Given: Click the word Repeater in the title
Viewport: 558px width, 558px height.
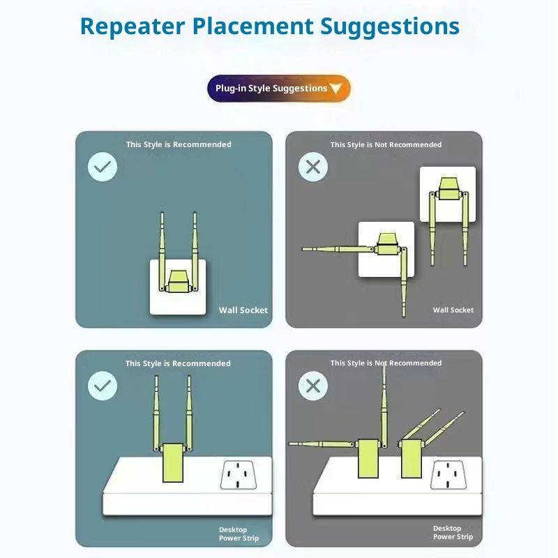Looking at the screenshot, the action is [133, 27].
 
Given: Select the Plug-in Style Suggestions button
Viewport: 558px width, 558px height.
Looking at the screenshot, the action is [278, 89].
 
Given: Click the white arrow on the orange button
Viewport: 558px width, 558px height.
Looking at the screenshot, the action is [335, 88].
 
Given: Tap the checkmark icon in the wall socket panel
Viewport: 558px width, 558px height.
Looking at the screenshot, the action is [103, 167].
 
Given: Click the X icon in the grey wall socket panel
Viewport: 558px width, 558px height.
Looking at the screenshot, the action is [313, 167].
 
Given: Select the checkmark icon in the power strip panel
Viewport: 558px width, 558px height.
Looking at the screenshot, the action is [103, 386].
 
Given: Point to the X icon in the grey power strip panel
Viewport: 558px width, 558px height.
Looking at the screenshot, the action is [313, 386].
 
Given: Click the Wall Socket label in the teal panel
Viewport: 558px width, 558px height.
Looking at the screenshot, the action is [243, 310].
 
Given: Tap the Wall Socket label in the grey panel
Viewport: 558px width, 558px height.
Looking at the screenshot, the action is [453, 310].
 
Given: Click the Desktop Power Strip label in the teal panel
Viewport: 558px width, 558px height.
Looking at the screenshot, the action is [239, 534].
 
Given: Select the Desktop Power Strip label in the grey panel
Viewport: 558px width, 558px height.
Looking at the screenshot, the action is [453, 532].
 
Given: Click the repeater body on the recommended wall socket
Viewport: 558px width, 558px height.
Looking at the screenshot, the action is [178, 282].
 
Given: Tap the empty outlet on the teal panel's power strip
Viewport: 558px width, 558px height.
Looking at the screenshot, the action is [238, 475].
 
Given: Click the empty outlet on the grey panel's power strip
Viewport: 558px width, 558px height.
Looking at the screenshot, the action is [448, 475].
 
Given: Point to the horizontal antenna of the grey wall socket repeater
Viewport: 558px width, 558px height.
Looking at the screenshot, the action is [338, 249].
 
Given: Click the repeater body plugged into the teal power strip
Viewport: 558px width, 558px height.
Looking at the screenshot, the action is [173, 462].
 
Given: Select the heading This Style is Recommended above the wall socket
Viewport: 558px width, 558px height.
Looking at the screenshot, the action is [179, 144].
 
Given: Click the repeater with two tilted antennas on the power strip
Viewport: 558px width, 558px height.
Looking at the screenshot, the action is [411, 459].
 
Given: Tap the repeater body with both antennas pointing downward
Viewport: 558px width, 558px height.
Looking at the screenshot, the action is [448, 188].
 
